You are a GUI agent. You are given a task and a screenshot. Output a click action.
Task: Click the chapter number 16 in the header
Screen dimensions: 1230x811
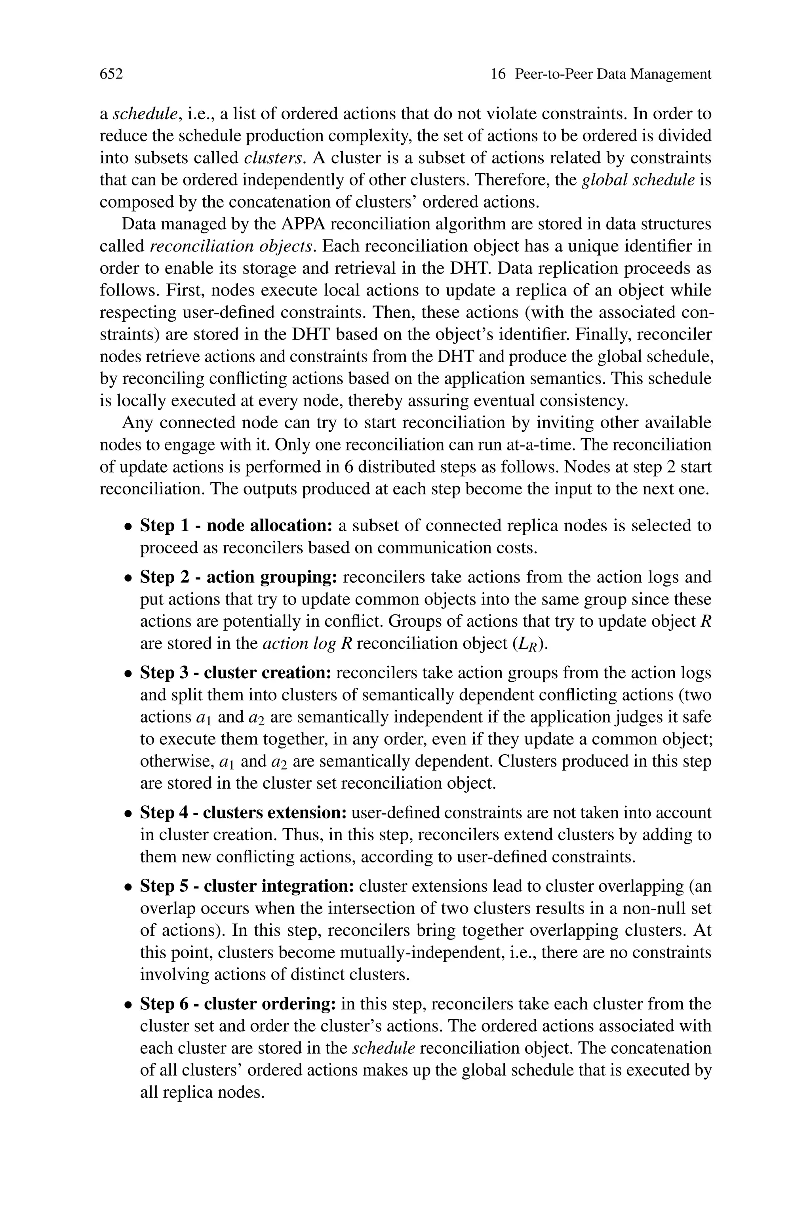pos(497,74)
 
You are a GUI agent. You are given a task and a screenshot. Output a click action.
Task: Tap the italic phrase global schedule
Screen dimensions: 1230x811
pos(638,180)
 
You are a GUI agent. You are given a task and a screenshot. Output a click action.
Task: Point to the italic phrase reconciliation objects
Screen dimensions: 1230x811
pos(231,246)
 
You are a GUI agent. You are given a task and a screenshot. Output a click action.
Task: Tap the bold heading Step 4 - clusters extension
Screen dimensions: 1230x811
pos(243,812)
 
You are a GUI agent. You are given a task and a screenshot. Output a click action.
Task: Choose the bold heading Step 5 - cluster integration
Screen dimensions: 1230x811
pos(247,886)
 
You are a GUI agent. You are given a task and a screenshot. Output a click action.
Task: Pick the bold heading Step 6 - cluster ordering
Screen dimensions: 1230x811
pos(238,1004)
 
